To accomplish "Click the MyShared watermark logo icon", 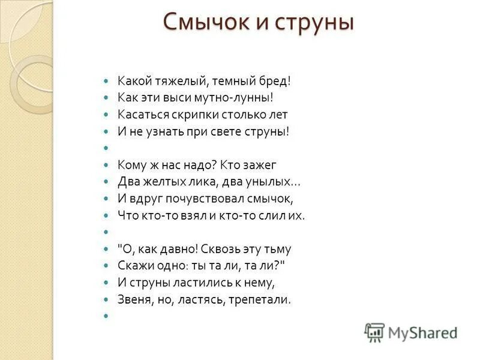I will pos(374,332).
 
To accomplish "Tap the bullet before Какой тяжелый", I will pos(106,80).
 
